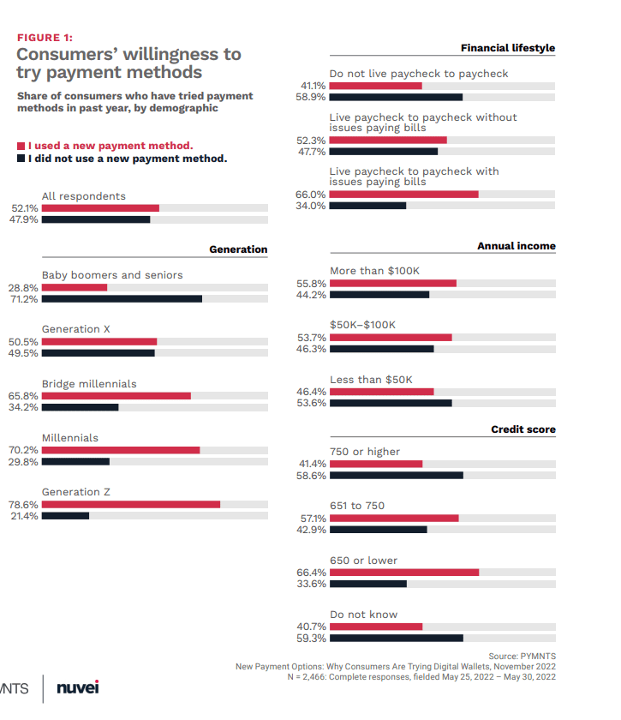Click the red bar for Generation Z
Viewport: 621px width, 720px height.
pyautogui.click(x=131, y=504)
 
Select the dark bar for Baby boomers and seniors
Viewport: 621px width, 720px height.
pyautogui.click(x=122, y=298)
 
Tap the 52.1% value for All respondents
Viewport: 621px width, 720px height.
pyautogui.click(x=24, y=208)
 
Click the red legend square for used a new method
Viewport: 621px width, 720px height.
pyautogui.click(x=21, y=146)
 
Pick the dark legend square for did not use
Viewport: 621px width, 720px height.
pyautogui.click(x=21, y=159)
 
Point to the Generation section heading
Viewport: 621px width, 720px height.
pyautogui.click(x=238, y=249)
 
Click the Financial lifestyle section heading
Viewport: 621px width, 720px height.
pyautogui.click(x=508, y=48)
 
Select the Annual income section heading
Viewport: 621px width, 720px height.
pyautogui.click(x=516, y=246)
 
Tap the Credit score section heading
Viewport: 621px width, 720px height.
pyautogui.click(x=522, y=429)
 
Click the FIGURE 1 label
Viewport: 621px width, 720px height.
pyautogui.click(x=45, y=38)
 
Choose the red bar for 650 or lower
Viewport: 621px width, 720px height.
pyautogui.click(x=404, y=573)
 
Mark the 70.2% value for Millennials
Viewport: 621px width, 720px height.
pyautogui.click(x=24, y=450)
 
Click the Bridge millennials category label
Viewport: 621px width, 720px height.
pyautogui.click(x=89, y=384)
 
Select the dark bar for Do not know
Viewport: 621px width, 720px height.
pyautogui.click(x=397, y=638)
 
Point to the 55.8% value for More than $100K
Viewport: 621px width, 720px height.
pyautogui.click(x=312, y=283)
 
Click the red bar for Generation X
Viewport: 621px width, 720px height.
pyautogui.click(x=99, y=341)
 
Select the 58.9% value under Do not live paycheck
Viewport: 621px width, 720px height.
pyautogui.click(x=312, y=97)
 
